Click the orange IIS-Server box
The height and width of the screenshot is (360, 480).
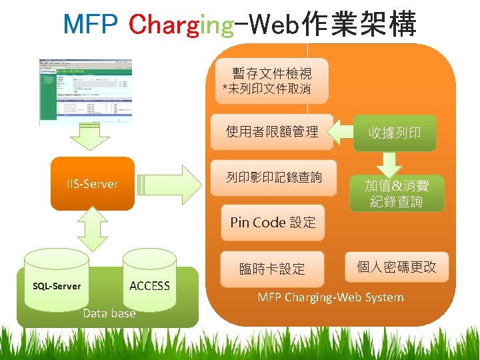[x=93, y=184]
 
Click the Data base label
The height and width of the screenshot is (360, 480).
[x=109, y=313]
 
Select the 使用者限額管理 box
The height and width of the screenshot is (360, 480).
[x=273, y=131]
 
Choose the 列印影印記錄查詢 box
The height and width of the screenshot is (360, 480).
[x=273, y=177]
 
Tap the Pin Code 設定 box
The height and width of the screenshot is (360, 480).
[x=273, y=223]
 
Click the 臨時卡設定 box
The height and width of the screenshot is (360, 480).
[x=273, y=269]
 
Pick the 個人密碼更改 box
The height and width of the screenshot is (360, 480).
[x=397, y=267]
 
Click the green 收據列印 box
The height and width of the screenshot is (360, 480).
[x=395, y=133]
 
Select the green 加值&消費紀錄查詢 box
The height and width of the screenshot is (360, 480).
[x=397, y=193]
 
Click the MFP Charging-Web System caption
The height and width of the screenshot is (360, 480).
[x=331, y=297]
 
